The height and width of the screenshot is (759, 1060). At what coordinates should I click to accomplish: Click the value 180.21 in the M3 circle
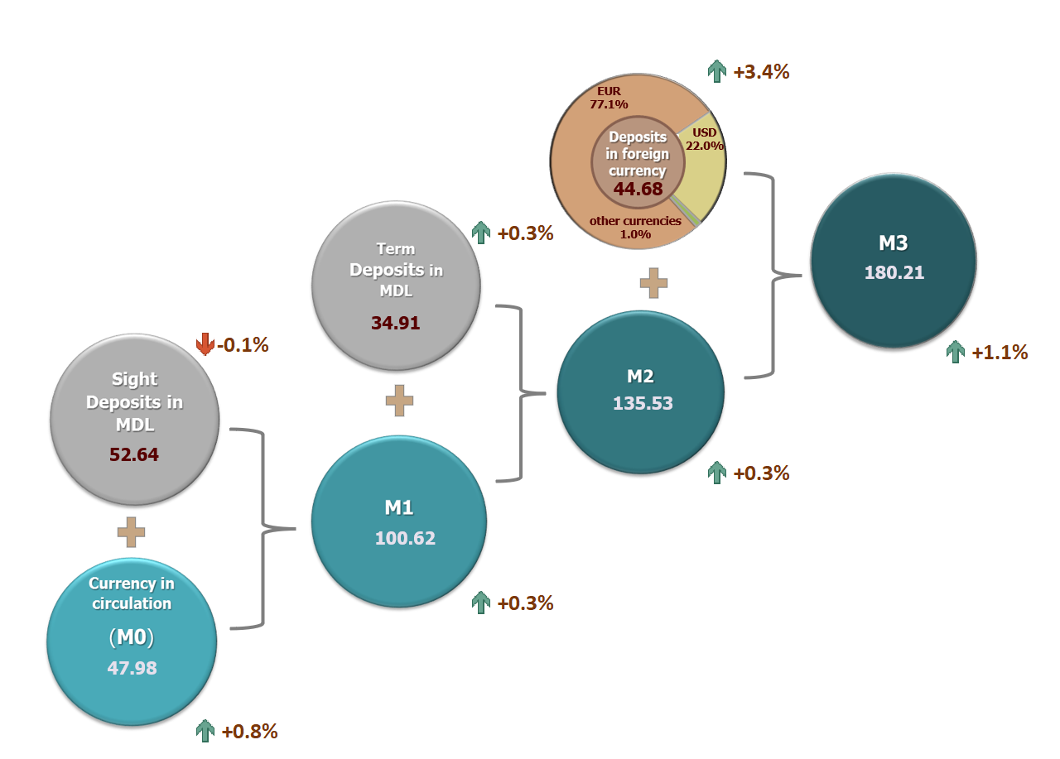894,272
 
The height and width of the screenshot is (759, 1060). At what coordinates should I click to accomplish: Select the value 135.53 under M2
643,403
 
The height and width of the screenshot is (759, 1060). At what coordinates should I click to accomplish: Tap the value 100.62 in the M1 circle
405,538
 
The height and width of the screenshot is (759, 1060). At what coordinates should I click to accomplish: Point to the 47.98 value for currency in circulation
132,668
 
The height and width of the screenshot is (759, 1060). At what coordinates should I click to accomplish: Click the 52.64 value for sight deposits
134,454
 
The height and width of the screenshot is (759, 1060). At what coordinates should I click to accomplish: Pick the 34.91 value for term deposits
395,323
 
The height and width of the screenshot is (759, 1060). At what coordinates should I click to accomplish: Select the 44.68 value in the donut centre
638,189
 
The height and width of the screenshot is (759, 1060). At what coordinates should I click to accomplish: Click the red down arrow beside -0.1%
205,344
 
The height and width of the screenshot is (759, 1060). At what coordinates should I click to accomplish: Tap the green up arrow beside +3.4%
717,71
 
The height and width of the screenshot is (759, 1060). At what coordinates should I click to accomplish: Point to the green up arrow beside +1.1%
956,352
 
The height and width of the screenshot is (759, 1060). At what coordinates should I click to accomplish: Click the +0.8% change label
249,731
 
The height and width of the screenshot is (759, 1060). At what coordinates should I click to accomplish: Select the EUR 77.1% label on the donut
609,98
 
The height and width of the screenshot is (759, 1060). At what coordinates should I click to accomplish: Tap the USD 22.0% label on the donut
705,139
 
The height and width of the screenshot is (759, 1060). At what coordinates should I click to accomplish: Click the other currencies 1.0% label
635,228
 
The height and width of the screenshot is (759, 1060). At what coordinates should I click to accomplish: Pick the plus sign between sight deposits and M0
131,532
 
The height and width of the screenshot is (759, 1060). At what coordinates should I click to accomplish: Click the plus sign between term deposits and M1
399,401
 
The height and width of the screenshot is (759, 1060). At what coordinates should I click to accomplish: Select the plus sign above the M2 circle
653,283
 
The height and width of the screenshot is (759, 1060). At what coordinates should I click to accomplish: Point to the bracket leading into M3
773,276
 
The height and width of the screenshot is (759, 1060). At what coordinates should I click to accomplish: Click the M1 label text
399,508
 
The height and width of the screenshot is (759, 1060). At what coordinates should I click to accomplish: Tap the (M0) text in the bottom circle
132,637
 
